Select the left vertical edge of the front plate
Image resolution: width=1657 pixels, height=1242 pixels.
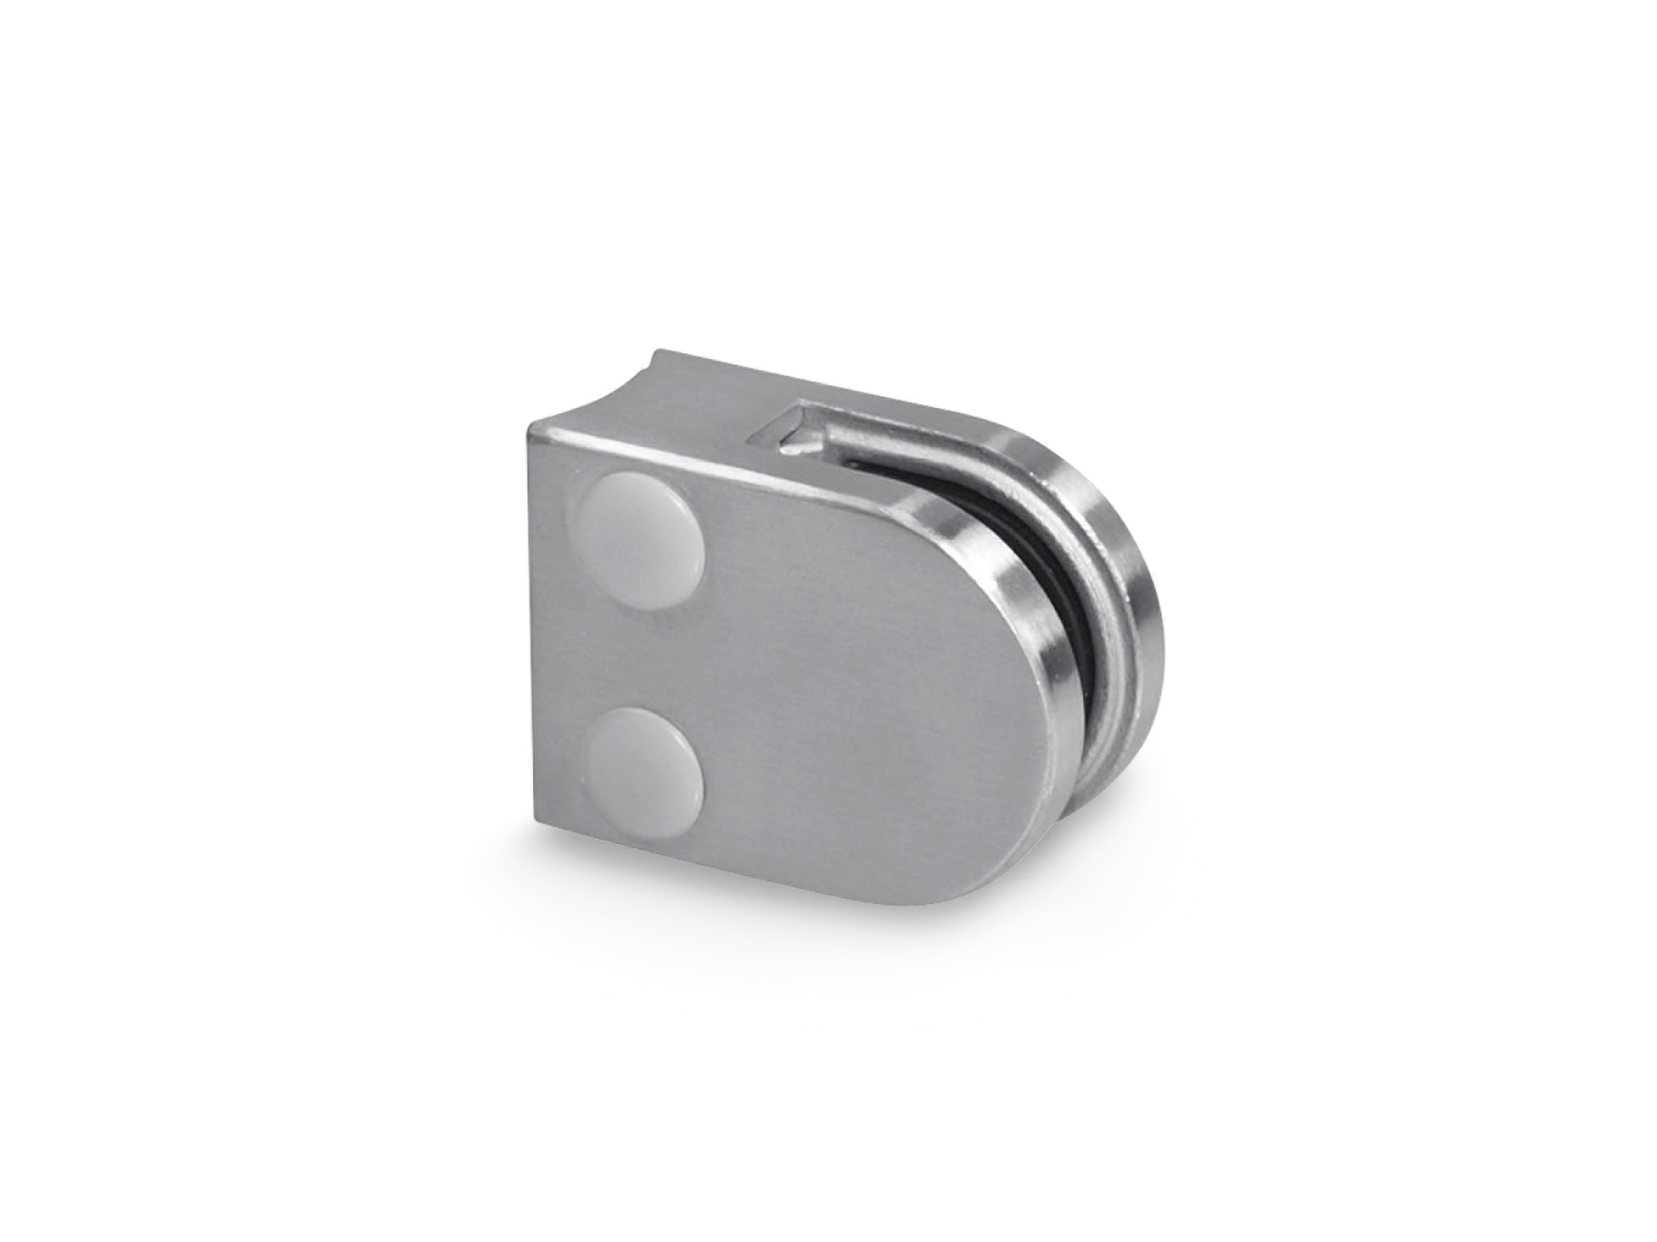click(x=533, y=622)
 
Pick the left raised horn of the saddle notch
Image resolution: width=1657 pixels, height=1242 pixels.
click(x=658, y=358)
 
